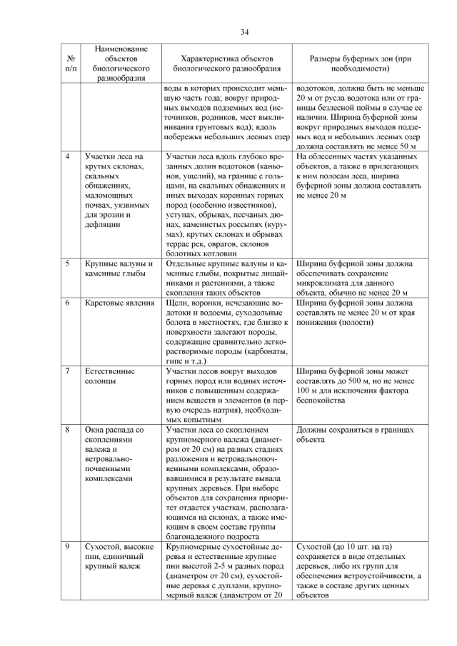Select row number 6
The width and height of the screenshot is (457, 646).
tap(66, 303)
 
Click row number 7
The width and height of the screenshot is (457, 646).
tap(66, 371)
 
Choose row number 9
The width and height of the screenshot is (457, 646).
tap(66, 547)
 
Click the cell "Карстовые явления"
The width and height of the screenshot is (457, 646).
tap(119, 303)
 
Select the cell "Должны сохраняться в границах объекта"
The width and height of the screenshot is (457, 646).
tap(358, 435)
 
